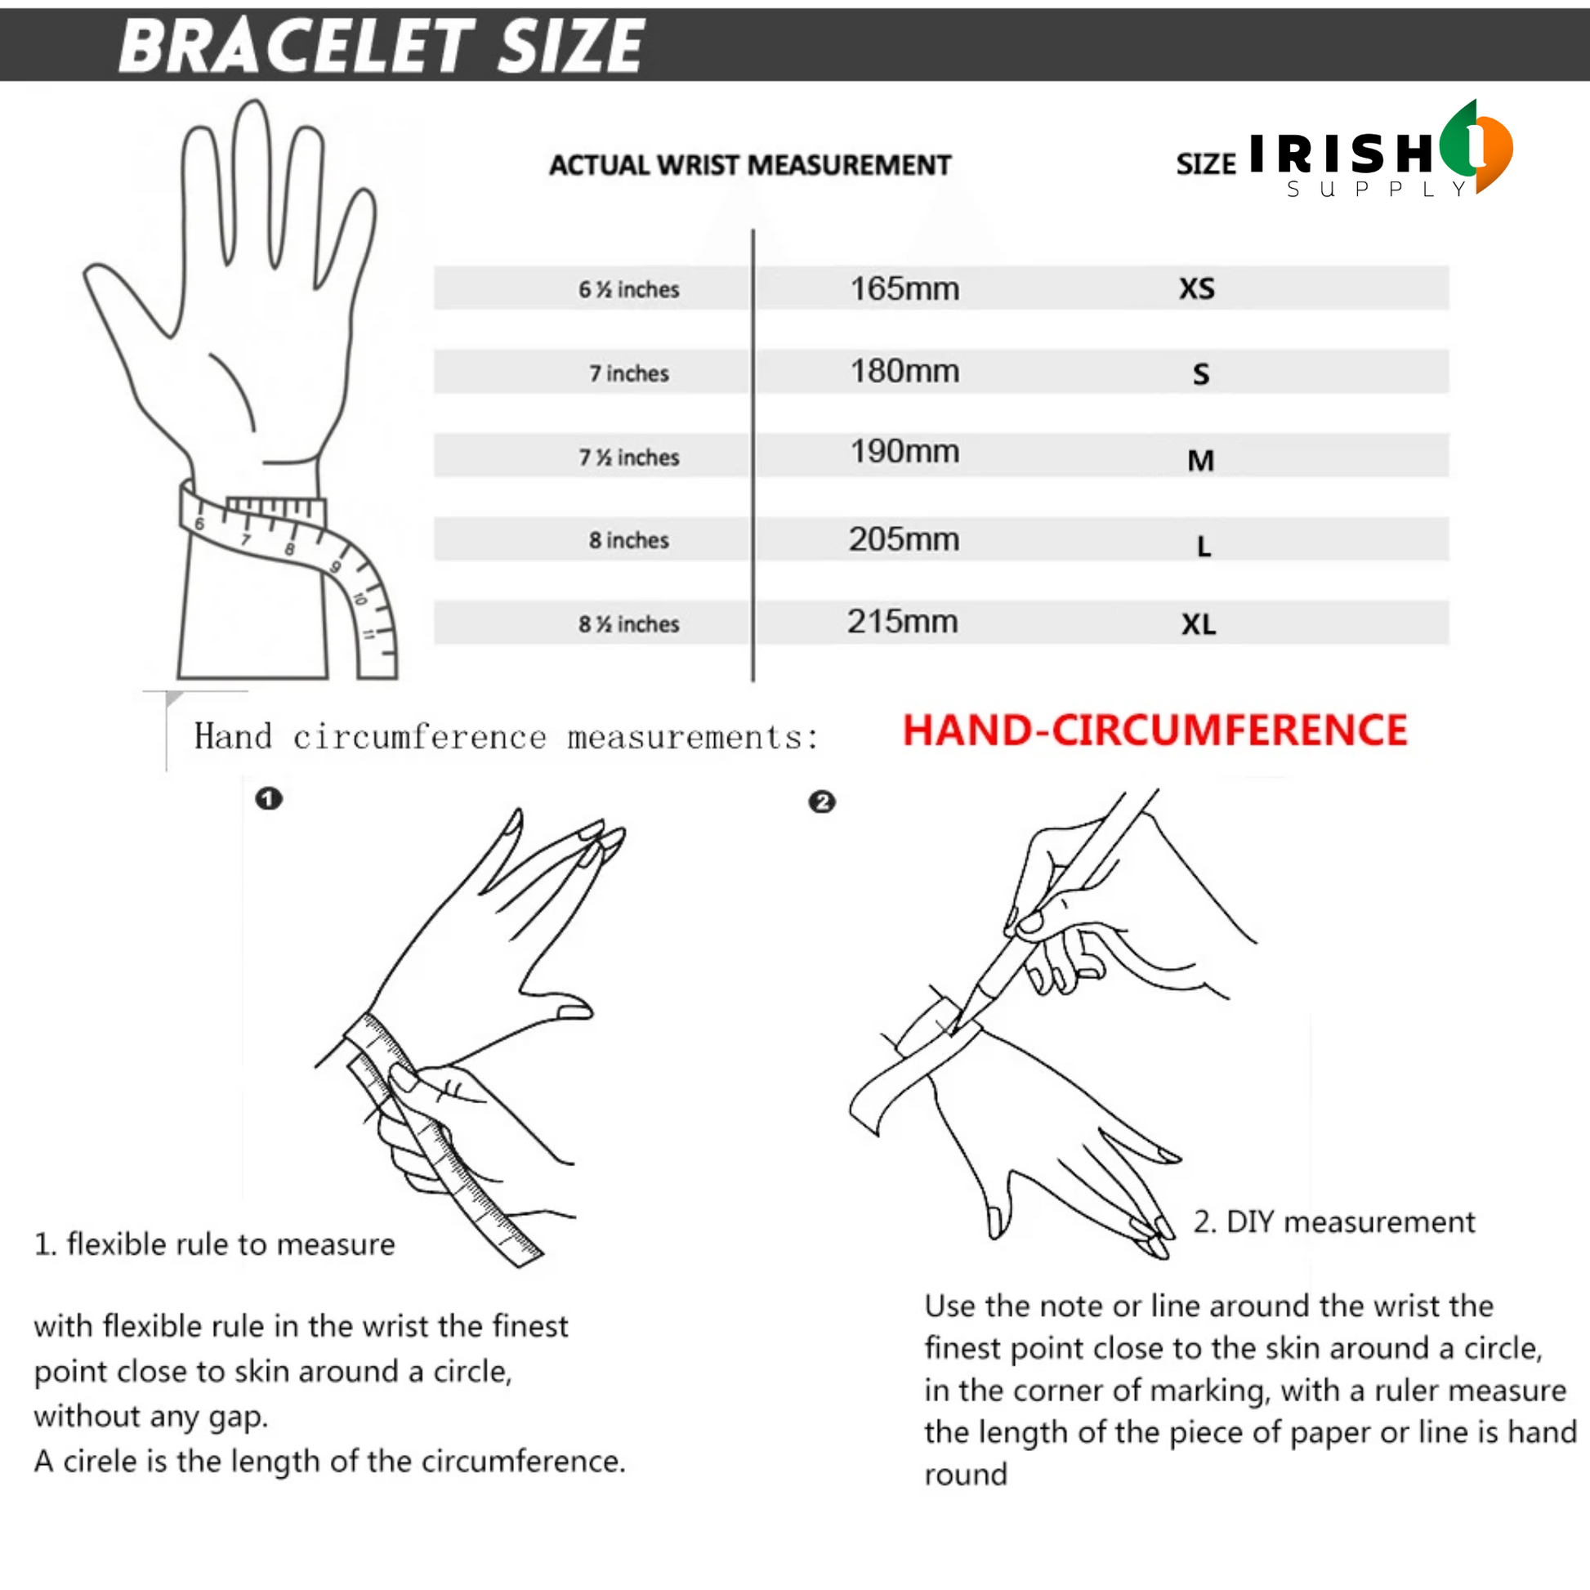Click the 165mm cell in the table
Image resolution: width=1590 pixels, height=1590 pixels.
pyautogui.click(x=904, y=289)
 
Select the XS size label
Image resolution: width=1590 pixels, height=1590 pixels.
pyautogui.click(x=1197, y=289)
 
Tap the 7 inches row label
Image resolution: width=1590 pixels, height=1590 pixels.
pyautogui.click(x=629, y=373)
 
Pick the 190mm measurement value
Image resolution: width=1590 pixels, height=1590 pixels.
pyautogui.click(x=904, y=452)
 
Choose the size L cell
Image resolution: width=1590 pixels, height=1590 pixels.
pyautogui.click(x=1204, y=546)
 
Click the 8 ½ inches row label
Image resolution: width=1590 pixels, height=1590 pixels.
pyautogui.click(x=629, y=623)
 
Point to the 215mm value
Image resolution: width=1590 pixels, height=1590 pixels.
pyautogui.click(x=903, y=621)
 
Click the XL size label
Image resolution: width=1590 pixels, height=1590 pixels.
pyautogui.click(x=1199, y=623)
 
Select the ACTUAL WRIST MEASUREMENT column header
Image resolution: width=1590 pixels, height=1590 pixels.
pyautogui.click(x=750, y=165)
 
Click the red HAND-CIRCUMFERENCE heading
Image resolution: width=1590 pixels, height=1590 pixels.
pyautogui.click(x=1155, y=730)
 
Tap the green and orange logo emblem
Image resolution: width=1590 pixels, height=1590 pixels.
pyautogui.click(x=1477, y=146)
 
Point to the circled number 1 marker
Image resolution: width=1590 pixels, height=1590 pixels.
pyautogui.click(x=268, y=798)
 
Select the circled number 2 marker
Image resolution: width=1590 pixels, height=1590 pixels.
pyautogui.click(x=821, y=802)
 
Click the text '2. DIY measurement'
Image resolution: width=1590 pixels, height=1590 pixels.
pyautogui.click(x=1334, y=1222)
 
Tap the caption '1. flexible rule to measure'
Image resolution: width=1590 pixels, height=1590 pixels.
pyautogui.click(x=214, y=1244)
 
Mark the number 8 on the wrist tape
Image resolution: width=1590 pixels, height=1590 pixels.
pyautogui.click(x=290, y=549)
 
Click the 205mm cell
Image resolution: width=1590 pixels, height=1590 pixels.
pyautogui.click(x=904, y=539)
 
